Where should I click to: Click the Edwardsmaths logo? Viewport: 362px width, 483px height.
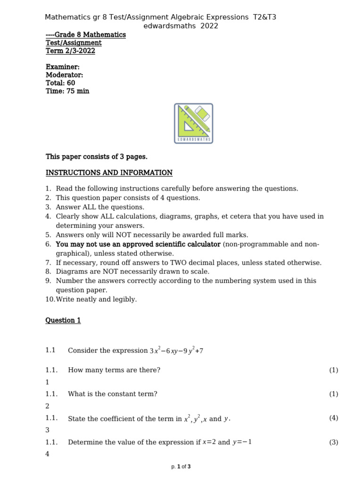tap(194, 123)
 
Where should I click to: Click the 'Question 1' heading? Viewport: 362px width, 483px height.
tap(63, 320)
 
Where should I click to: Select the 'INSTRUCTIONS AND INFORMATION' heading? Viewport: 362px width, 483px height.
tap(109, 173)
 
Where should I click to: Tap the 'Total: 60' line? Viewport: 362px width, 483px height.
tap(60, 83)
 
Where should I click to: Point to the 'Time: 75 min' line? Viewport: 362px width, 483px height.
tap(67, 91)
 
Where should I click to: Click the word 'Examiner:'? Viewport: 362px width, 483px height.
tap(63, 67)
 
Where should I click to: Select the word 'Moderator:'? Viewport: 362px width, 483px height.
tap(65, 75)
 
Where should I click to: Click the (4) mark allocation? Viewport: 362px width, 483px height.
tap(334, 418)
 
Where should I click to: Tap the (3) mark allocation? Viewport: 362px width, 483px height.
tap(334, 442)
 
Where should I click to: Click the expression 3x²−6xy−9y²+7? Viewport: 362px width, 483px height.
tap(176, 350)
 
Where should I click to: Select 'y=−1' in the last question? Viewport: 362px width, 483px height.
tap(242, 442)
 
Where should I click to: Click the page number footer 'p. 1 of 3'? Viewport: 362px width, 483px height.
tap(181, 467)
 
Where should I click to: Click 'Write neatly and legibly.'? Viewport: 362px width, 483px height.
tap(96, 300)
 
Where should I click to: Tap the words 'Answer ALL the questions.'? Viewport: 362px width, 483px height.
tap(100, 207)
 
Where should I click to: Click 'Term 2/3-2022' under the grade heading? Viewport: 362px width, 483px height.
tap(70, 51)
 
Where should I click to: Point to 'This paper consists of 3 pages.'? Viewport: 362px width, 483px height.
tap(97, 157)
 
